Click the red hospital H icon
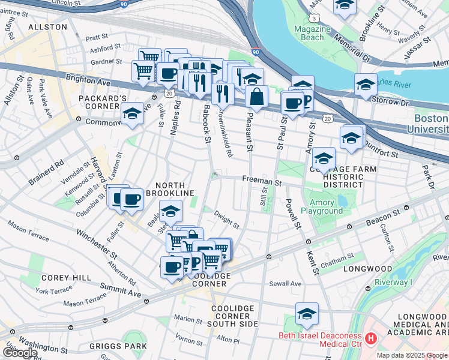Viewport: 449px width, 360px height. coord(370,339)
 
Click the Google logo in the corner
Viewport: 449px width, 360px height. coord(20,353)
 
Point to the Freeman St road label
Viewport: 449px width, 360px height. coord(262,179)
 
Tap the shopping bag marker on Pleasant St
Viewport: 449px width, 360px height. coord(256,97)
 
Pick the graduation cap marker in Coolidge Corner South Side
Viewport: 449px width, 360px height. coord(307,314)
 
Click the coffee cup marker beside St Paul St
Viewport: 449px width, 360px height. coord(292,103)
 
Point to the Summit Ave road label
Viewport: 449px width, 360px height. coord(125,290)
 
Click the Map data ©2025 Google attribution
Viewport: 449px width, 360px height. coord(412,355)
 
